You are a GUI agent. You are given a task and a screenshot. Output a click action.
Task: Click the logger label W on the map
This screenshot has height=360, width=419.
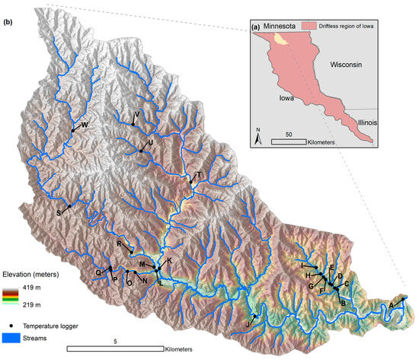pyautogui.click(x=85, y=125)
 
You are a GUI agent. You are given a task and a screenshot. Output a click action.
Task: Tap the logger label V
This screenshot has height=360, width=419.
pyautogui.click(x=136, y=115)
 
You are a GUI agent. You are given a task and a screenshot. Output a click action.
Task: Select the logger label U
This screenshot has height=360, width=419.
pyautogui.click(x=150, y=142)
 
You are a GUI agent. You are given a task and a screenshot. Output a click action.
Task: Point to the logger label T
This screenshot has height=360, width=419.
pyautogui.click(x=198, y=175)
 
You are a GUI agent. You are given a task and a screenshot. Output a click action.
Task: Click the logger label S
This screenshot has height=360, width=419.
pyautogui.click(x=59, y=212)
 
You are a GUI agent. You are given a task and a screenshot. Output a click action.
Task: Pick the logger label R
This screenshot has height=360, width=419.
pyautogui.click(x=120, y=244)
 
